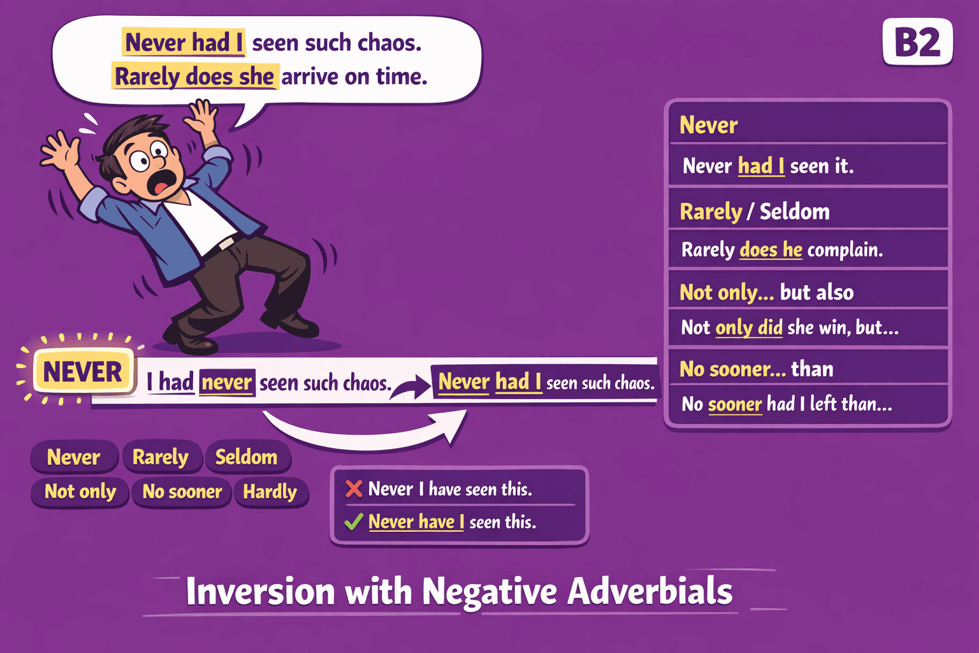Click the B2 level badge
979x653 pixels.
917,43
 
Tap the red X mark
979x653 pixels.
354,489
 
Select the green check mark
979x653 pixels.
354,522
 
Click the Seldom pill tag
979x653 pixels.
247,457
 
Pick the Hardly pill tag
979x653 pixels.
270,492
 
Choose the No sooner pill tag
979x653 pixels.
182,492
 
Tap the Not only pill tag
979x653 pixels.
80,492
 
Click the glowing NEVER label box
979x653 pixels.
82,372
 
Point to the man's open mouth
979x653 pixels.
161,182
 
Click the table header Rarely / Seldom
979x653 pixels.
755,211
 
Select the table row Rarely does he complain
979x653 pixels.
782,249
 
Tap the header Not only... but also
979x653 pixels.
767,292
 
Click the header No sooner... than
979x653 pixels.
757,369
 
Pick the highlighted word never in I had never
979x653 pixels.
227,383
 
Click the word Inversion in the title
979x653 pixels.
260,591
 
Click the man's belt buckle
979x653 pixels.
226,244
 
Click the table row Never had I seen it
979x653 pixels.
768,166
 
